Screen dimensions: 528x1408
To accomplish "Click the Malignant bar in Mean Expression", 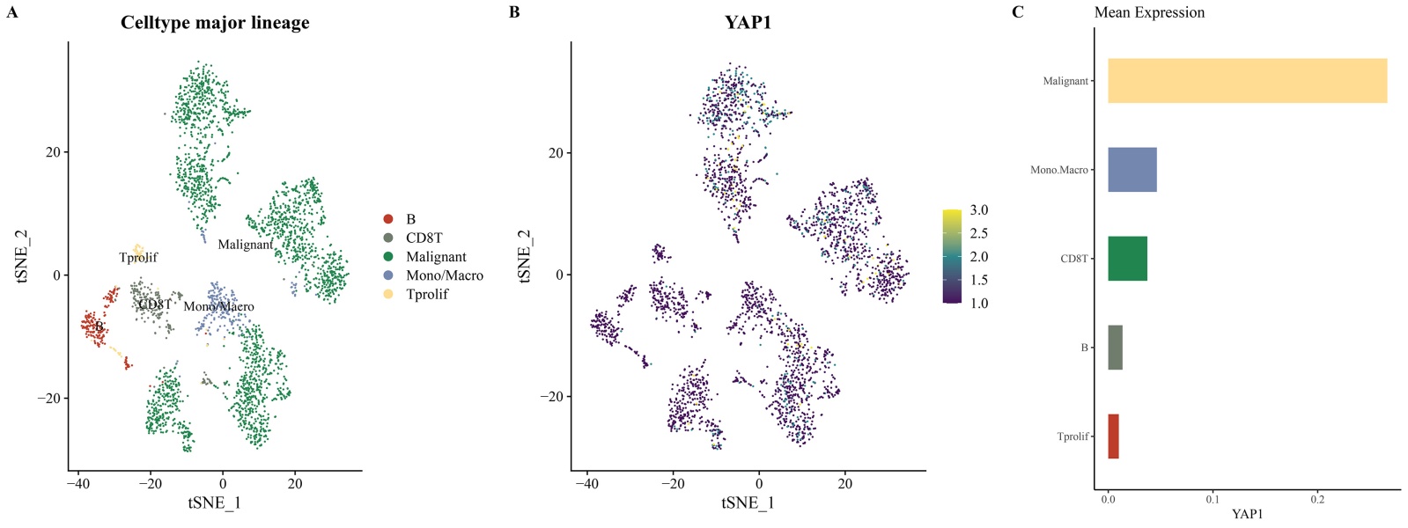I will click(1247, 81).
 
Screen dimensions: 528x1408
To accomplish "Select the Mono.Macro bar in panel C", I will click(1132, 170).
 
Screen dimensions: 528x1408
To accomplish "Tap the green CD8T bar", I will click(1127, 259).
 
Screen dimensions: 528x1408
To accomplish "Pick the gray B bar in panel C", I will click(1115, 348).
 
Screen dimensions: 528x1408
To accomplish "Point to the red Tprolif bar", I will click(1113, 436).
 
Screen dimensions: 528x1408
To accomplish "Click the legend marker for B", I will click(388, 219).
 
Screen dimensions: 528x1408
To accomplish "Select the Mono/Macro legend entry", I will click(444, 275).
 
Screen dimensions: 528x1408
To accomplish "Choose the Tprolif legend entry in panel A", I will click(426, 294).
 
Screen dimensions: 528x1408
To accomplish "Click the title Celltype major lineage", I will click(215, 23).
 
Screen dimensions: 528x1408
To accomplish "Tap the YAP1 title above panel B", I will click(748, 23).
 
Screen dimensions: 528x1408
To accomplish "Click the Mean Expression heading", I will click(1149, 12).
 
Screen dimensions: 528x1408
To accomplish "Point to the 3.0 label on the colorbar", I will click(979, 210).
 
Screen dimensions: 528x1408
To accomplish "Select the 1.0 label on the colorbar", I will click(979, 304).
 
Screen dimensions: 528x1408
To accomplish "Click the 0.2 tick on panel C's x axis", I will click(1317, 499).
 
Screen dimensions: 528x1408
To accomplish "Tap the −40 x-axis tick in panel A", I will click(77, 483).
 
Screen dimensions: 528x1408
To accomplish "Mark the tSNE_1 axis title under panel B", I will click(748, 503).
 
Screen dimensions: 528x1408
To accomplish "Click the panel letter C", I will click(1018, 12).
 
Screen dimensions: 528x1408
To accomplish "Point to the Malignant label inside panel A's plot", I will click(245, 245).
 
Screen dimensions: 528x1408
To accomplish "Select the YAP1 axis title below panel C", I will click(1247, 514).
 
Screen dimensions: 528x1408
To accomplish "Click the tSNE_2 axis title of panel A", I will click(22, 256).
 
